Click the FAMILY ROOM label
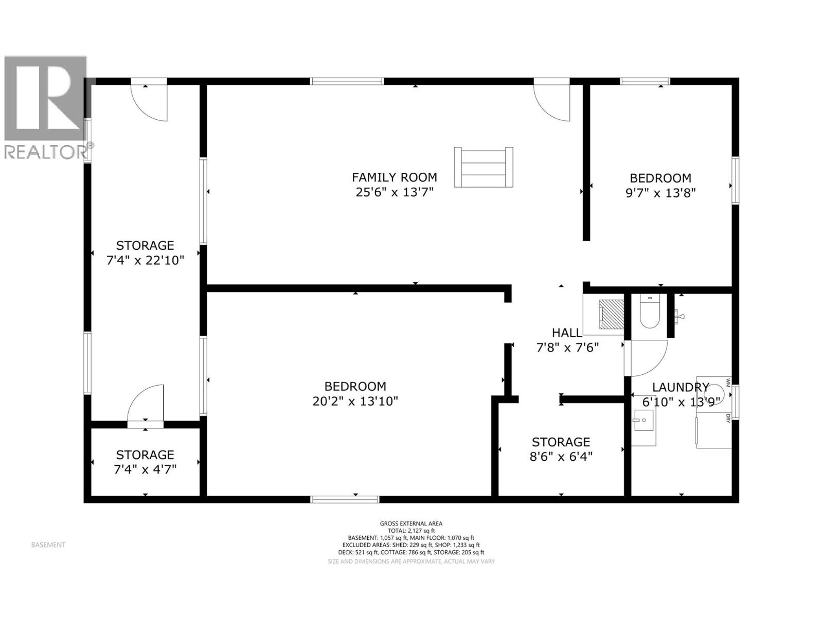tap(394, 177)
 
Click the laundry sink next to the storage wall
tap(643, 427)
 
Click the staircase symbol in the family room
tap(483, 167)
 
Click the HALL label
tap(566, 333)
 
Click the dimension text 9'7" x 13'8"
tap(660, 193)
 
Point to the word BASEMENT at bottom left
tap(48, 545)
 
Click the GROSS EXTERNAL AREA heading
tap(411, 523)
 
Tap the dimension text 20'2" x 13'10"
tap(355, 401)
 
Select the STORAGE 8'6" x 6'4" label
tap(561, 449)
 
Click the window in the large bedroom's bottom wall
tap(345, 499)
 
